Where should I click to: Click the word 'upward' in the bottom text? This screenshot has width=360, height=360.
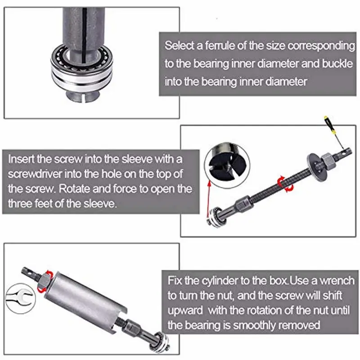point(185,310)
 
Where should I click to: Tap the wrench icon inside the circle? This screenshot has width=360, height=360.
point(20,299)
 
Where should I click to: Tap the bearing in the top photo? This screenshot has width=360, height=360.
point(82,67)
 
